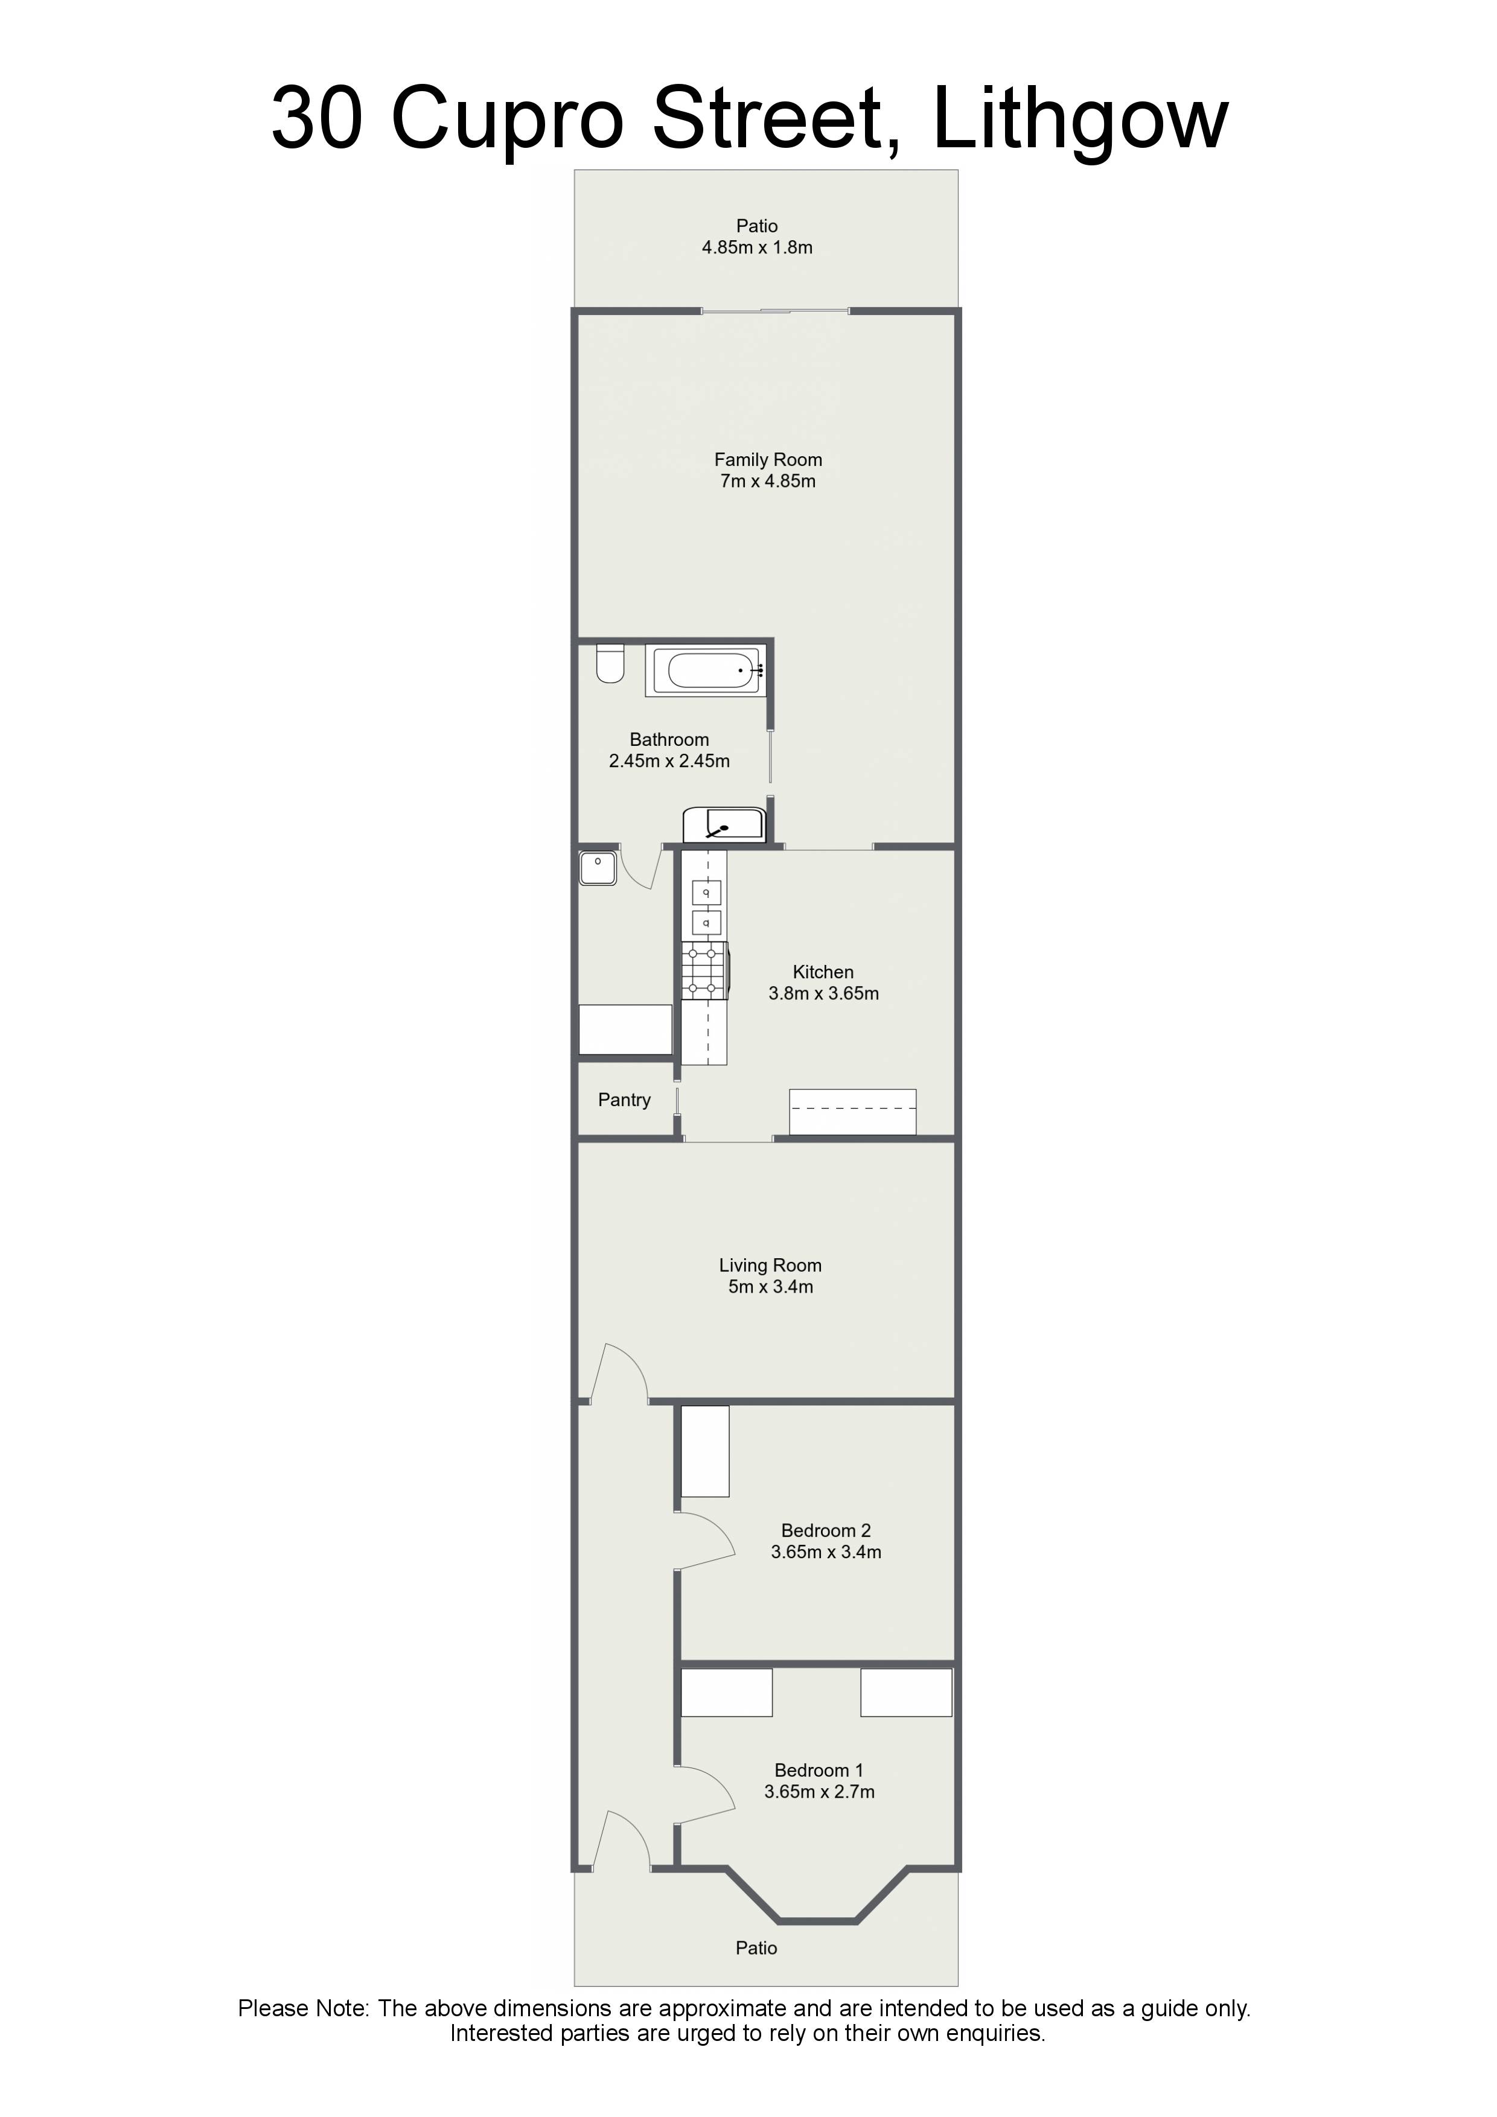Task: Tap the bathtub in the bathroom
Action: [x=706, y=670]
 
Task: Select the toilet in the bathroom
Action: [x=610, y=663]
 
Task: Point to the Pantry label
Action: [x=624, y=1100]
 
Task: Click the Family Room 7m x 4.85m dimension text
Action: [x=767, y=482]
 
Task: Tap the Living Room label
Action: [x=770, y=1266]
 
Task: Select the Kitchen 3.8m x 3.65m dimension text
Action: [x=824, y=994]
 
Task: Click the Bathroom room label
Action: [x=669, y=739]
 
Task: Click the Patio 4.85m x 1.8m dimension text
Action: [x=758, y=247]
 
